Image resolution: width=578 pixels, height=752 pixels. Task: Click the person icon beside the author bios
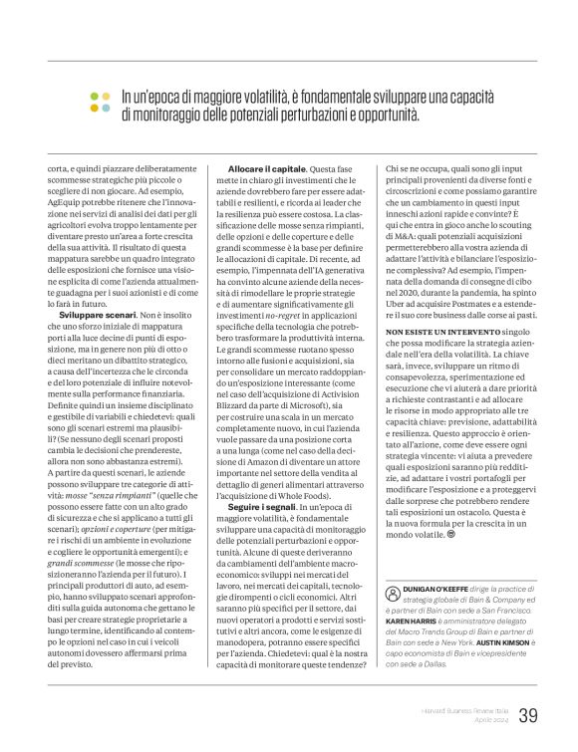click(392, 591)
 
